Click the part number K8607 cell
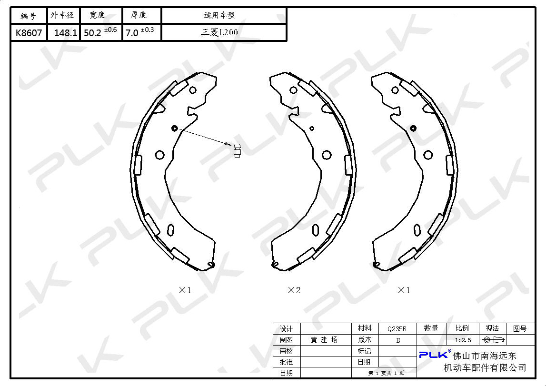[x=29, y=33]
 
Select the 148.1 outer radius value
[x=66, y=33]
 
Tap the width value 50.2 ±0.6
[x=100, y=32]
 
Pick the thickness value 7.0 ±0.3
[x=139, y=32]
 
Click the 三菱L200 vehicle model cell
[x=219, y=32]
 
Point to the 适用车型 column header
[x=219, y=15]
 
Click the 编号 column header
[x=28, y=15]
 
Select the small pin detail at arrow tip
[x=237, y=150]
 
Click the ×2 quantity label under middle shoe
[x=294, y=290]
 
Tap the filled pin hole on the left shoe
[x=174, y=128]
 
